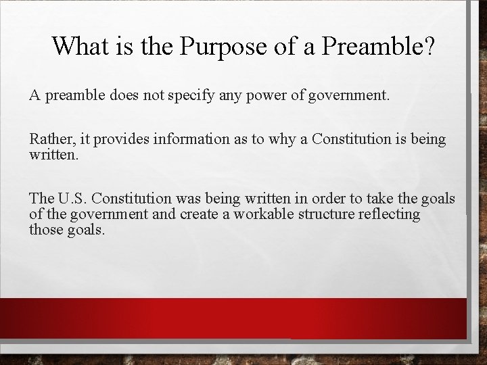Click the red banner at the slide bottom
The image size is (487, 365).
(243, 318)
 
